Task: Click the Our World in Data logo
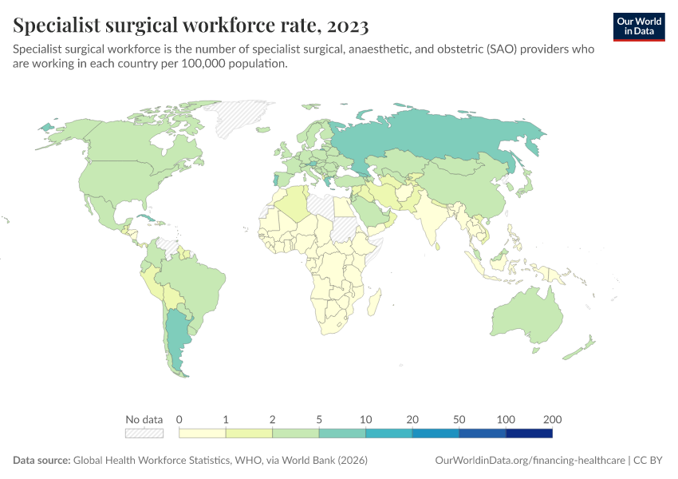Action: [639, 26]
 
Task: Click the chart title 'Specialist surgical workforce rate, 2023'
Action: [191, 26]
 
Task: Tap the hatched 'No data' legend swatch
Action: [144, 433]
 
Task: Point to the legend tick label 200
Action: [552, 419]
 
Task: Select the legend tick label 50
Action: [459, 419]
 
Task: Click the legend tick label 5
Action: [319, 419]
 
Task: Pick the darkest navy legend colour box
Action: [529, 433]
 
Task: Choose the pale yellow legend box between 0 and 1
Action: [203, 433]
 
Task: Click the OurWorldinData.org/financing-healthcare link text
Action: [530, 461]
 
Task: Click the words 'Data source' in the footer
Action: [41, 461]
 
